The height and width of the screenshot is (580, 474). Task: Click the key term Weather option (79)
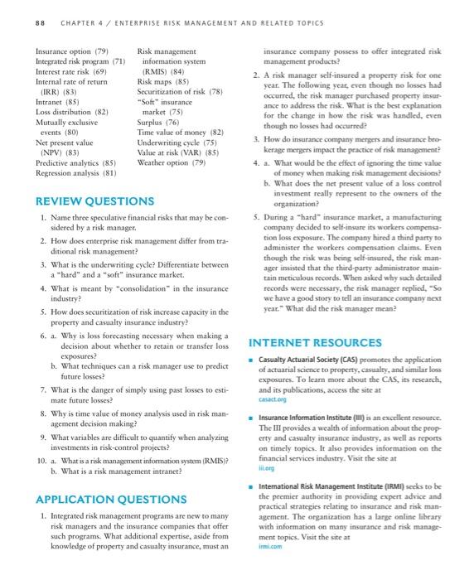(172, 139)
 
